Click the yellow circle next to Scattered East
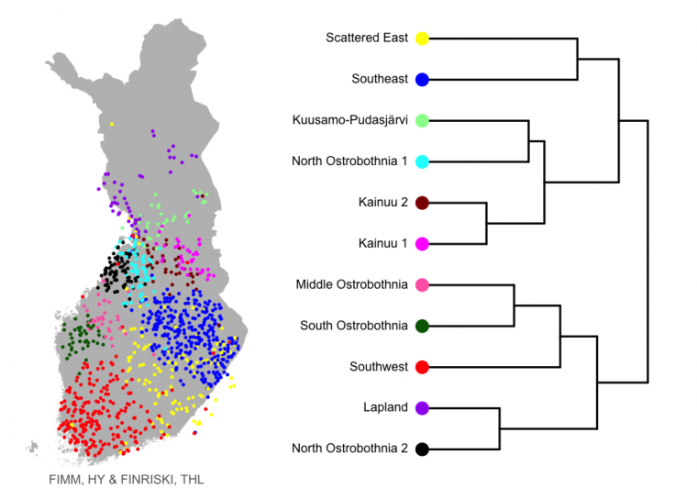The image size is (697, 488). tap(422, 39)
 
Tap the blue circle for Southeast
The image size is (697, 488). tap(422, 80)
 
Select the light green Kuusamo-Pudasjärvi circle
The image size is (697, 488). tap(422, 120)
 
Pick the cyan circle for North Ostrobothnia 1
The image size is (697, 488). tap(422, 161)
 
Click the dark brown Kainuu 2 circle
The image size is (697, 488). tap(422, 203)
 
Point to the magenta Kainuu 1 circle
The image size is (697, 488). tap(422, 244)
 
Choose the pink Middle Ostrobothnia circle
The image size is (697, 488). tap(422, 285)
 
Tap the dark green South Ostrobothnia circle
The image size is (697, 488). tap(422, 326)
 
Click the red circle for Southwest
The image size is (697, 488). tap(422, 367)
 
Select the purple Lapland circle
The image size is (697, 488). tap(422, 408)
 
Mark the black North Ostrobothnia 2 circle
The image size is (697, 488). tap(422, 449)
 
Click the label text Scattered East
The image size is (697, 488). tap(366, 38)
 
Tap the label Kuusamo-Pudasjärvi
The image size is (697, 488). tap(349, 120)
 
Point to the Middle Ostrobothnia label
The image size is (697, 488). tap(351, 284)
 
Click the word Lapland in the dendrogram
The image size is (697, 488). tap(385, 407)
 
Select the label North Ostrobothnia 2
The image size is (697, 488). tap(349, 448)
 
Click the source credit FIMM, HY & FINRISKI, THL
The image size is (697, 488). tap(127, 480)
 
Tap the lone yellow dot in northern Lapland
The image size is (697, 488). tap(112, 125)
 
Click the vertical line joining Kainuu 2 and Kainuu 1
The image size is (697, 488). tap(486, 223)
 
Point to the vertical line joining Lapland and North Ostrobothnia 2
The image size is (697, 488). tap(500, 428)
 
